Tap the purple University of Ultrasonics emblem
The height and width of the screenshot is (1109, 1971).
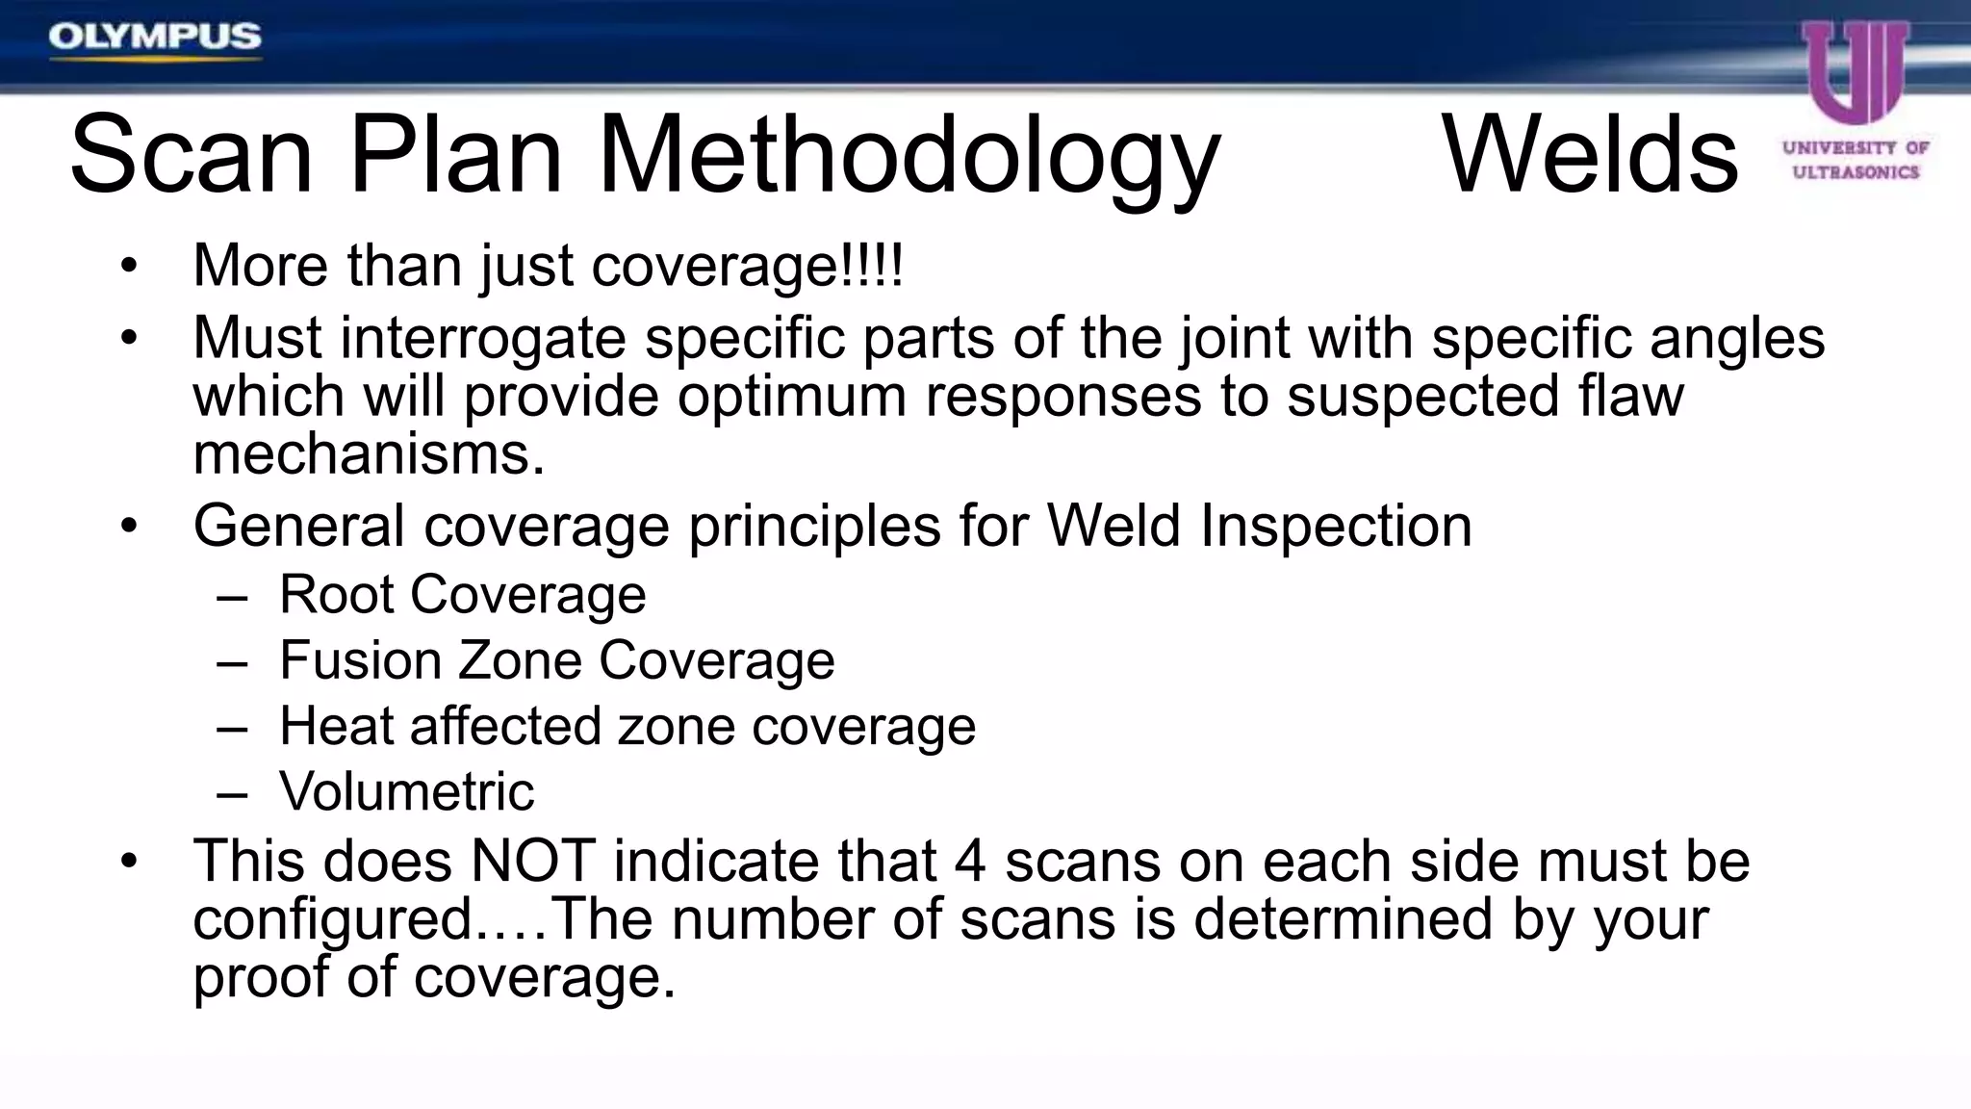click(x=1856, y=72)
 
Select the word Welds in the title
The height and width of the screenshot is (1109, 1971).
click(x=1590, y=155)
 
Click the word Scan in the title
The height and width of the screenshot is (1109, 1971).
click(x=191, y=155)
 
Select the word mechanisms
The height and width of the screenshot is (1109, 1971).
click(x=369, y=454)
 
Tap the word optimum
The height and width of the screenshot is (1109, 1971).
click(x=791, y=397)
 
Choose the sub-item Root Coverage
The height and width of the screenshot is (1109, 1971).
click(x=462, y=595)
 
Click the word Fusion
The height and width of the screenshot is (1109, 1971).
click(x=360, y=660)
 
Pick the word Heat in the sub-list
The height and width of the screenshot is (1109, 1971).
click(x=336, y=726)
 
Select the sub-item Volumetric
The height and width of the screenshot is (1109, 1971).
click(x=406, y=791)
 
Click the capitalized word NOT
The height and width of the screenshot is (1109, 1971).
click(x=532, y=861)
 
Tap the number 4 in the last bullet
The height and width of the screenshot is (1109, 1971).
click(x=970, y=861)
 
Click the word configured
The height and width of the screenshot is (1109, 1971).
click(x=333, y=920)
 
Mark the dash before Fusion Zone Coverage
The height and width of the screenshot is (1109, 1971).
click(x=233, y=663)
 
